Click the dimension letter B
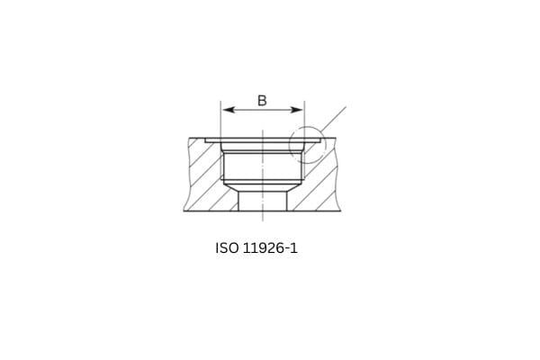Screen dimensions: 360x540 click(x=262, y=100)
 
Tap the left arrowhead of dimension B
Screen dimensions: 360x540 click(x=226, y=110)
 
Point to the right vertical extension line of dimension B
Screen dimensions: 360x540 click(x=304, y=121)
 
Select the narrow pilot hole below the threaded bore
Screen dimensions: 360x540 click(x=262, y=200)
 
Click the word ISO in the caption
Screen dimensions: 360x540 click(x=227, y=246)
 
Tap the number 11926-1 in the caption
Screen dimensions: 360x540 click(x=269, y=246)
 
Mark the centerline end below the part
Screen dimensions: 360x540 click(x=262, y=217)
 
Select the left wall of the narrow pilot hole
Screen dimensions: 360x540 click(x=238, y=201)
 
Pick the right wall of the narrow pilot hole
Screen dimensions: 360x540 click(x=286, y=201)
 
